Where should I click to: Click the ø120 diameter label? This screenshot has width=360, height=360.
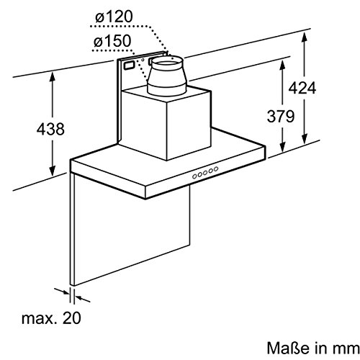click(114, 17)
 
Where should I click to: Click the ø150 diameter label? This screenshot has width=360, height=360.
click(112, 41)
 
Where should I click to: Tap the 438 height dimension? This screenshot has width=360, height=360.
click(50, 129)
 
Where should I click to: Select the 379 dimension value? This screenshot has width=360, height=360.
click(281, 117)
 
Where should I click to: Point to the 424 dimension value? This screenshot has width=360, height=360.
click(302, 88)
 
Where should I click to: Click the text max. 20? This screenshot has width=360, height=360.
click(51, 318)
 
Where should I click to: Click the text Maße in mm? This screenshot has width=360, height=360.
click(313, 348)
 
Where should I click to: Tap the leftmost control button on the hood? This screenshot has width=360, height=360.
click(194, 176)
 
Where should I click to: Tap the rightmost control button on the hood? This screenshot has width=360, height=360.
click(216, 169)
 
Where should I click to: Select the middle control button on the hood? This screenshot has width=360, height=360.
click(205, 173)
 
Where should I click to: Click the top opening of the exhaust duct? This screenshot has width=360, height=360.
click(167, 61)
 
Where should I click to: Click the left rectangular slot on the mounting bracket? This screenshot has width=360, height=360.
click(130, 66)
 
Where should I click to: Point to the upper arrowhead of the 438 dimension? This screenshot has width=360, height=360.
click(53, 76)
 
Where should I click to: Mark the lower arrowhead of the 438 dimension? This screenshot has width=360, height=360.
click(53, 171)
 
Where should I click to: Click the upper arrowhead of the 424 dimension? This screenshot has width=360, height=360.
click(304, 37)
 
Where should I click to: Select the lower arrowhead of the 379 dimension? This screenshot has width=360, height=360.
click(282, 147)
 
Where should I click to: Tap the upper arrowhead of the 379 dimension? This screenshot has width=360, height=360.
click(282, 65)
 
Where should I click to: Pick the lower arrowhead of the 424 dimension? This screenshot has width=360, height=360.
click(305, 139)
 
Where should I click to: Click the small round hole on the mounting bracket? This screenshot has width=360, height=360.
click(143, 60)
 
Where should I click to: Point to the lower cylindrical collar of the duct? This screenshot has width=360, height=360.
click(167, 89)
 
